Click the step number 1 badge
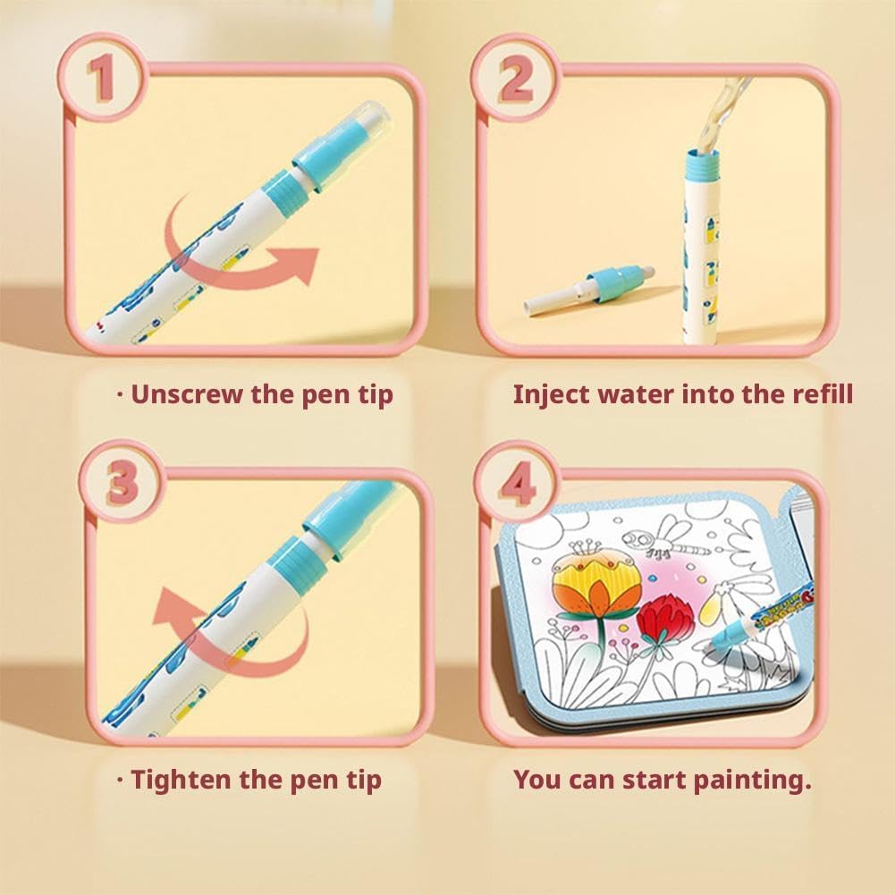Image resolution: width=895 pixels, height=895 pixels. coord(103,77)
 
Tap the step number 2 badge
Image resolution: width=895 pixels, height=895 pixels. coord(515,78)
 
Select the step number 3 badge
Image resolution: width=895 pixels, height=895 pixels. coord(122,480)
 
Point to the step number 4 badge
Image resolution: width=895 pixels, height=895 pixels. coord(517,484)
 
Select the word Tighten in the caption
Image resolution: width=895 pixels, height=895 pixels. coord(181,780)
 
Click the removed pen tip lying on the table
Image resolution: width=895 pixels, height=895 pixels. coord(589,287)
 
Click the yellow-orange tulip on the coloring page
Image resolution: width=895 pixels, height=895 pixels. coord(595,585)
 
